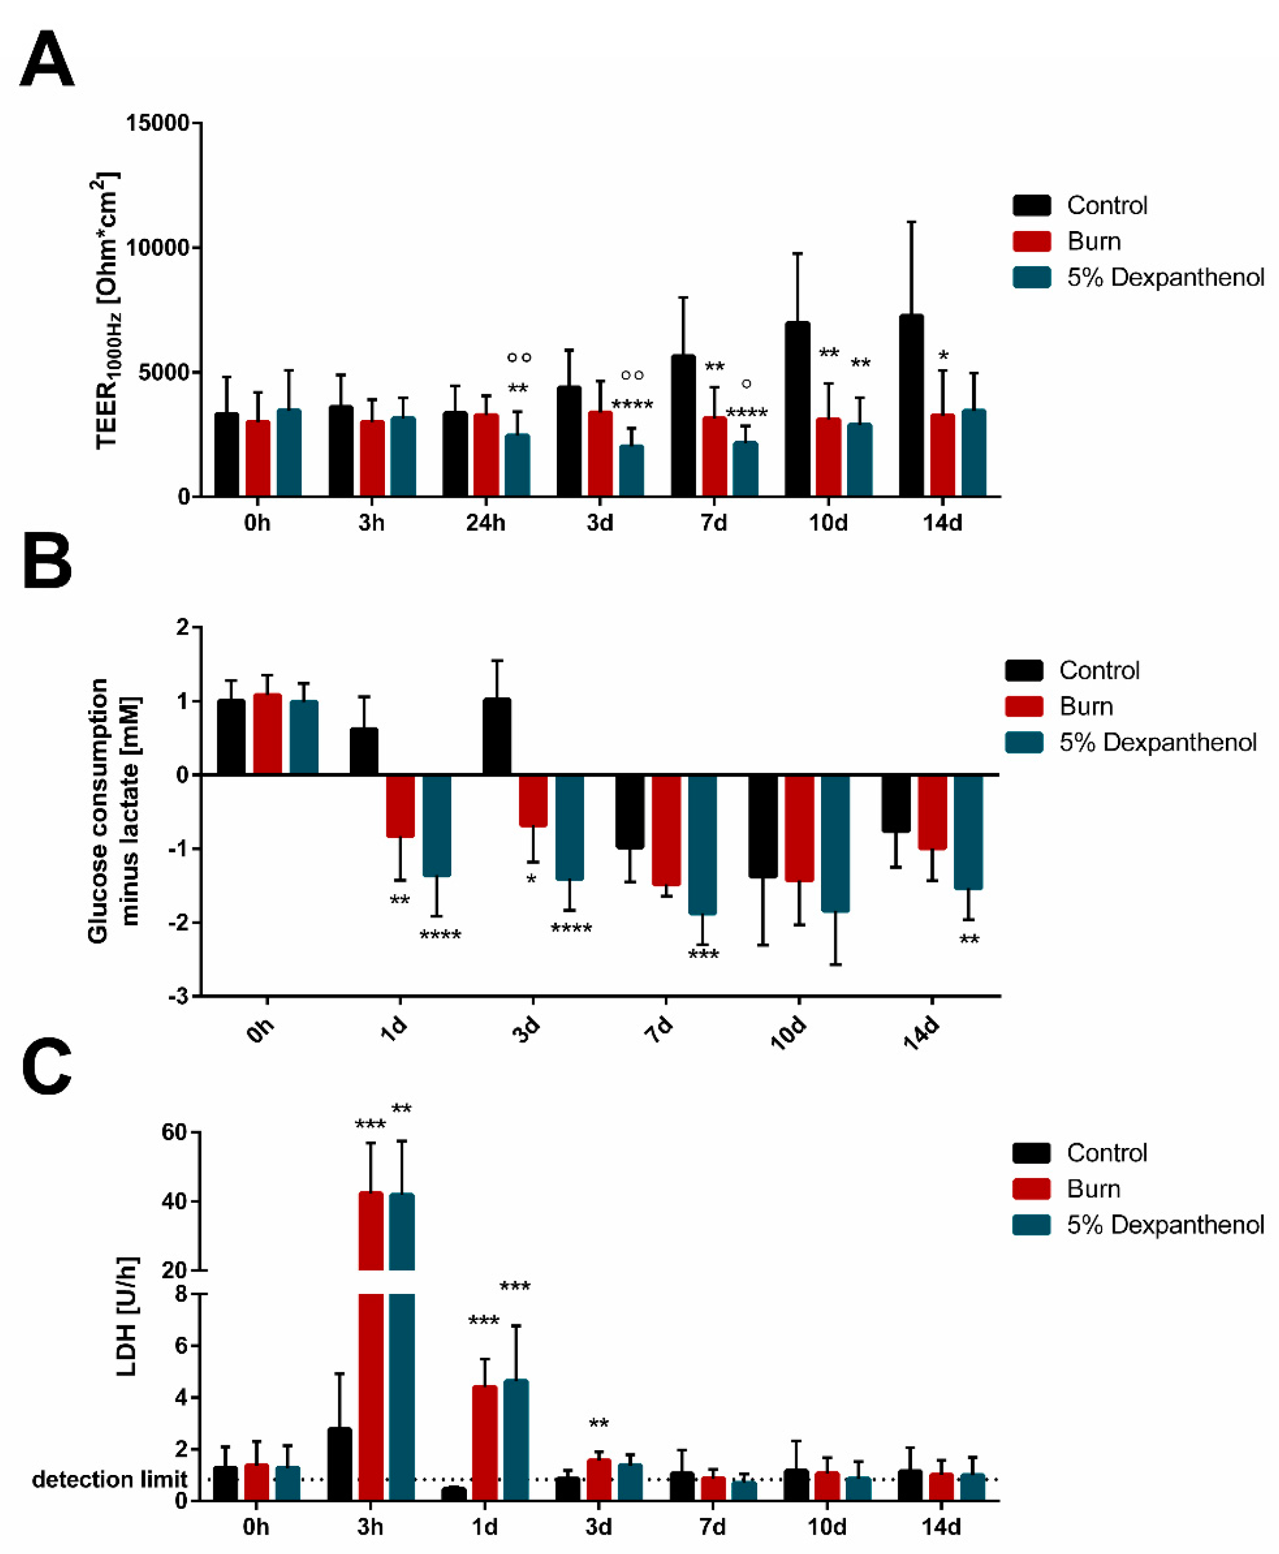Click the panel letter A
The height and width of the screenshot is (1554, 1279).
point(46,60)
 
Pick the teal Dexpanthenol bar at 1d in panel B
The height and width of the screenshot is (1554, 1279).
point(437,825)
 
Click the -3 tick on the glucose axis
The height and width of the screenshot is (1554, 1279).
point(179,997)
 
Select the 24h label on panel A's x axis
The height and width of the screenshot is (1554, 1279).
point(486,523)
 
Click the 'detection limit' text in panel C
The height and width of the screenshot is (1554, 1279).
point(109,1479)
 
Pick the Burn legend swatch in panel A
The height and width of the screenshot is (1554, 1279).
point(1032,241)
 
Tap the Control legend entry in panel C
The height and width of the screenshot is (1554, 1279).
point(1106,1153)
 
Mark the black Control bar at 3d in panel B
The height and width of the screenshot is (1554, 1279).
point(497,737)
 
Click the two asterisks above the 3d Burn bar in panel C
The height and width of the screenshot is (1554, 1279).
point(599,1424)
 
